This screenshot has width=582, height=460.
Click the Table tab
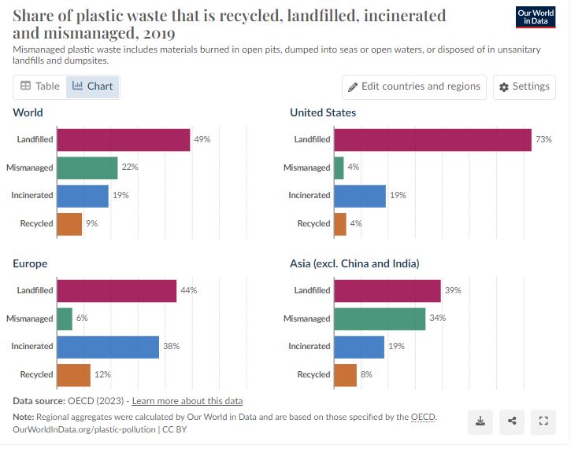(39, 86)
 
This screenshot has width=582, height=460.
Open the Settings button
(525, 86)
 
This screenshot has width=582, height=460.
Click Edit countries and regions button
(414, 86)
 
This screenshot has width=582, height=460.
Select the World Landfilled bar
(123, 139)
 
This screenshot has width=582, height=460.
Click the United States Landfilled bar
(432, 139)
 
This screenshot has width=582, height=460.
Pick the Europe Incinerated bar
(108, 347)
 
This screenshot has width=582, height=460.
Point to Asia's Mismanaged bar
(379, 318)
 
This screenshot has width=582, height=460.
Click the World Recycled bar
(69, 224)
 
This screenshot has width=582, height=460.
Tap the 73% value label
(543, 139)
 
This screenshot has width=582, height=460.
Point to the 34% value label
(438, 318)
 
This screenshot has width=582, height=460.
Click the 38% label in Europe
(171, 347)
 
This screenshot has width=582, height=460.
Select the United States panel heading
(323, 112)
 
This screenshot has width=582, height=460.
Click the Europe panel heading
(30, 263)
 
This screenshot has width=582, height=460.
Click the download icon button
(480, 421)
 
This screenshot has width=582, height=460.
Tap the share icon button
(511, 421)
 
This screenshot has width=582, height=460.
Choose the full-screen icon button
(542, 421)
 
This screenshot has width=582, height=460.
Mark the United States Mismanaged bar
(339, 167)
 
